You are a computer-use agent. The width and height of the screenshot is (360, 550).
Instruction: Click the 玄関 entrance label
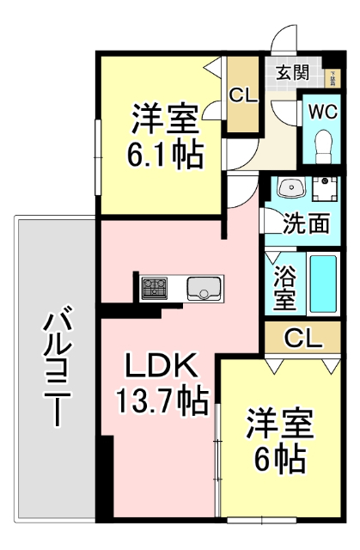point(293,72)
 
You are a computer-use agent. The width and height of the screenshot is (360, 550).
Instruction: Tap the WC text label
point(324,112)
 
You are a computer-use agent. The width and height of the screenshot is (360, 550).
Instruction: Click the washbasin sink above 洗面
point(290,188)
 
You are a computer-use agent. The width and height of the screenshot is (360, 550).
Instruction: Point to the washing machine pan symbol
point(325,190)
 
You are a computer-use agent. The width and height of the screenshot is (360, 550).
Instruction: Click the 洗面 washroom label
point(307,223)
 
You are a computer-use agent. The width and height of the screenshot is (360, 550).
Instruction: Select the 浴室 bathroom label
point(284,288)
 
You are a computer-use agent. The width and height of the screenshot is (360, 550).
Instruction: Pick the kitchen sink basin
point(204,288)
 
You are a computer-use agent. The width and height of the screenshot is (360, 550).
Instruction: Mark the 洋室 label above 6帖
point(279,424)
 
